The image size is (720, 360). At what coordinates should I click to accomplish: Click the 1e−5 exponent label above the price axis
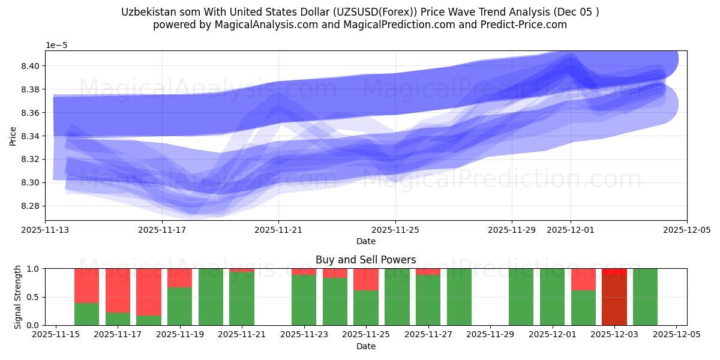[58, 46]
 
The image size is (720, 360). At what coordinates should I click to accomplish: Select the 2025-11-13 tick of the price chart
[46, 229]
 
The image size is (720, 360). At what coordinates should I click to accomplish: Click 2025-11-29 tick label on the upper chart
[512, 229]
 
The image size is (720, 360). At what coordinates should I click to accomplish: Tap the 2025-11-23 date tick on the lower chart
[304, 334]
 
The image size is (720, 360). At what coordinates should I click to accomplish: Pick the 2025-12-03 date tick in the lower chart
[614, 334]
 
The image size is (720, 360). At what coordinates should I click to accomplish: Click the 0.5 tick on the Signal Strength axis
[34, 297]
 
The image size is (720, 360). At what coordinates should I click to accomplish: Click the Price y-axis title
[13, 136]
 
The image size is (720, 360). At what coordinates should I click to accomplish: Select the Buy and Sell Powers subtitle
[365, 260]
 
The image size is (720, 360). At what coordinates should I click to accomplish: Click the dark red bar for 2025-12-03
[614, 300]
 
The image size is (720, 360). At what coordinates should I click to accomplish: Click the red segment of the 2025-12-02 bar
[583, 280]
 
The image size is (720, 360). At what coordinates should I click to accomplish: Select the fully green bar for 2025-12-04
[645, 297]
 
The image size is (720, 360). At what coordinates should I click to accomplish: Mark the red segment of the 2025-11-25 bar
[366, 280]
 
